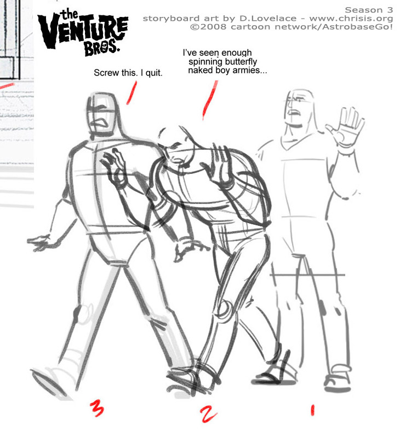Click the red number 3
click(97, 408)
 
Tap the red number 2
click(208, 414)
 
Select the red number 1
click(312, 410)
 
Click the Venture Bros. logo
click(83, 32)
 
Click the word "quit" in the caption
click(154, 73)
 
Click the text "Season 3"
click(369, 10)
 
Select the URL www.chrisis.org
click(351, 19)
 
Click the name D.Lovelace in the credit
click(268, 19)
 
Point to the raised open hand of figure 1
click(346, 130)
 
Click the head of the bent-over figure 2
click(176, 146)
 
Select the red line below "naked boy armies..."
click(210, 100)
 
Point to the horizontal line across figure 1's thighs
click(307, 275)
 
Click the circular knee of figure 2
click(226, 311)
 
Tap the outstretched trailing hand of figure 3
click(39, 242)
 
